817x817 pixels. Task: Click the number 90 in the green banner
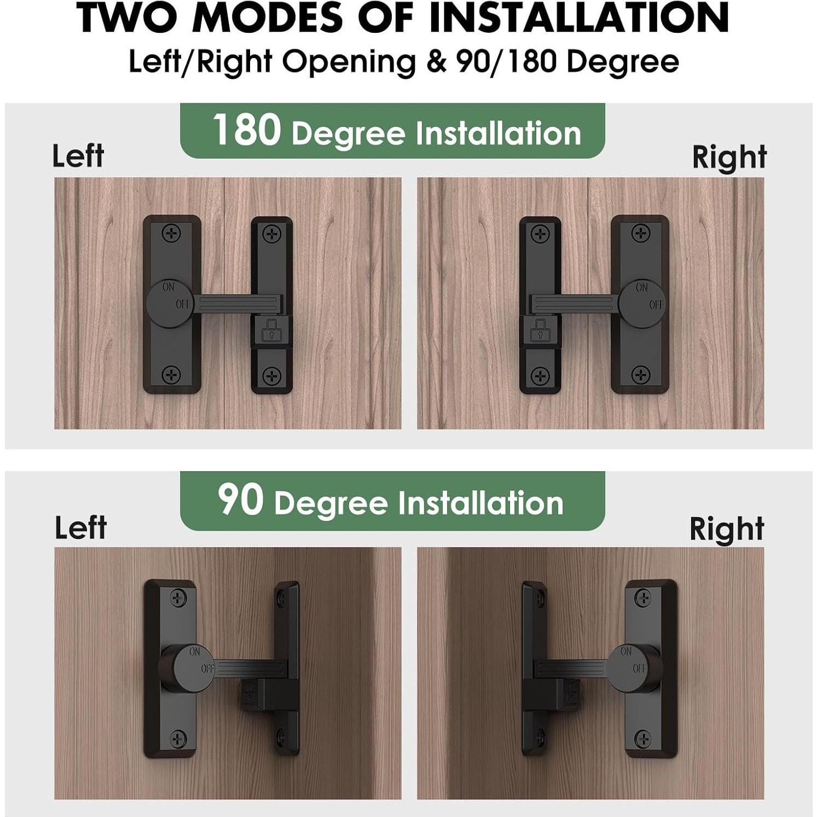pyautogui.click(x=240, y=499)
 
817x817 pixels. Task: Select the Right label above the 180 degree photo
pyautogui.click(x=729, y=158)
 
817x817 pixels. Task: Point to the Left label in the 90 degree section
pyautogui.click(x=80, y=528)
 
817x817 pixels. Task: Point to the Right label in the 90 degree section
pyautogui.click(x=726, y=529)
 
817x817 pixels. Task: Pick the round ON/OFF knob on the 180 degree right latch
pyautogui.click(x=642, y=304)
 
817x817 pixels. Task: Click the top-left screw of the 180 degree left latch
pyautogui.click(x=172, y=234)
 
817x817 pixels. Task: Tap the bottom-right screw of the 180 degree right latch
pyautogui.click(x=640, y=375)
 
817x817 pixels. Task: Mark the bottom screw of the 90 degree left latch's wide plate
pyautogui.click(x=179, y=739)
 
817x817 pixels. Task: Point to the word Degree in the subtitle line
pyautogui.click(x=623, y=61)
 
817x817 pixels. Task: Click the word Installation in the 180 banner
pyautogui.click(x=498, y=134)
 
